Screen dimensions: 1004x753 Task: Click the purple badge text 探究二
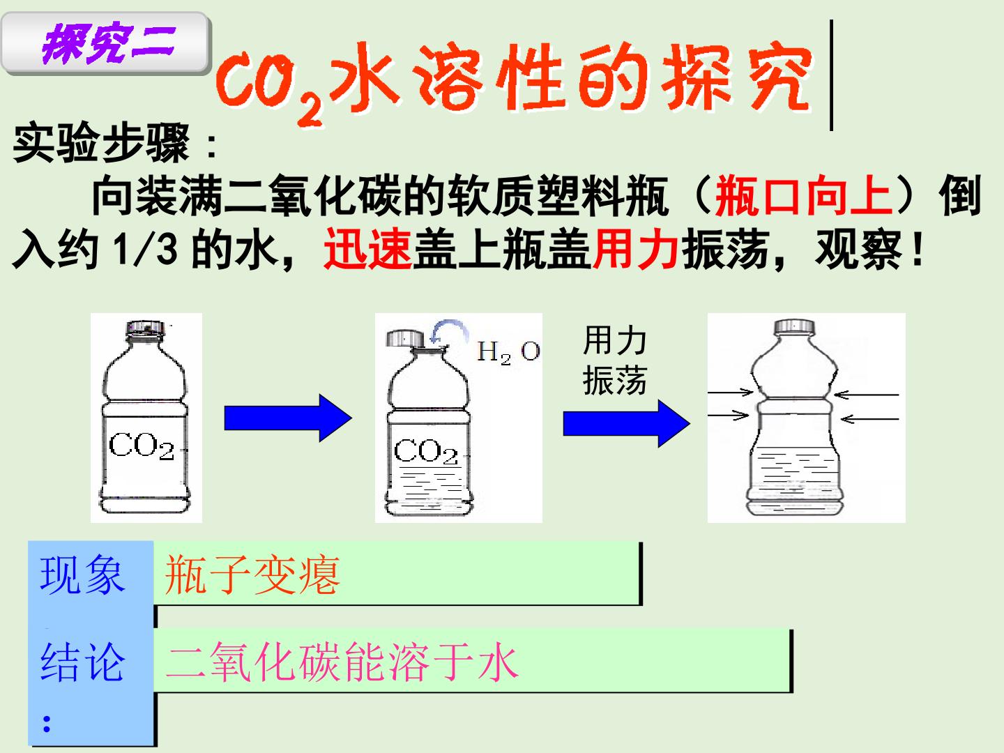109,43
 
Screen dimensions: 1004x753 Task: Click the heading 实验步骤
101,143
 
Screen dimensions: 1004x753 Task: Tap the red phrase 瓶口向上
804,195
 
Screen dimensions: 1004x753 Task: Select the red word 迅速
367,249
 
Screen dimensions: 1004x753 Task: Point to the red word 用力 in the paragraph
636,249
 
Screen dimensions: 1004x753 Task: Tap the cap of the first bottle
145,329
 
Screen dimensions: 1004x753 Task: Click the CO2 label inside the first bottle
142,446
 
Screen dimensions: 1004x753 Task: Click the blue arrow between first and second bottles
288,418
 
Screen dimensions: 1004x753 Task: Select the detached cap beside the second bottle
405,338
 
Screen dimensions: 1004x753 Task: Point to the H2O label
508,352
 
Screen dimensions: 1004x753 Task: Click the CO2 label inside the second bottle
425,451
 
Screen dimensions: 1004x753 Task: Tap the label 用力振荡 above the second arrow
615,360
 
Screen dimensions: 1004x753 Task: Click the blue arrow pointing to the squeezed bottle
627,423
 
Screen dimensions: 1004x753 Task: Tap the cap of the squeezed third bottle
795,328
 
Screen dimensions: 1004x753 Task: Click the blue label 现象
82,575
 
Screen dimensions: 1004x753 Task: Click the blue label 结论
82,662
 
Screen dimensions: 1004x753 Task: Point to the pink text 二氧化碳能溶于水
342,662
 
